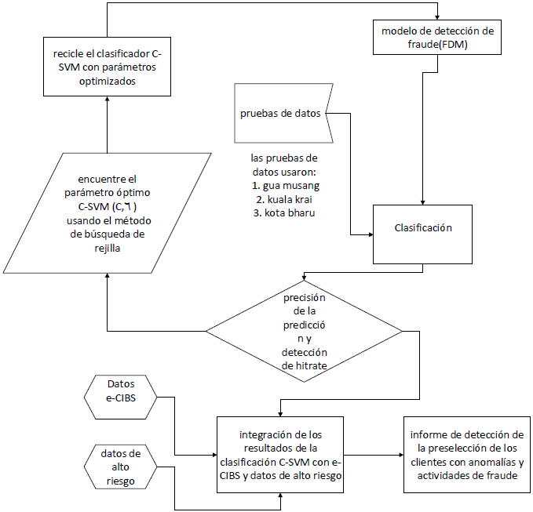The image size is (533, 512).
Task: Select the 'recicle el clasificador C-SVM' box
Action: (x=108, y=67)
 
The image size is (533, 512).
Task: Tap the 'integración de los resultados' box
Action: (x=281, y=456)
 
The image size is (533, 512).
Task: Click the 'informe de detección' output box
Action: (x=466, y=455)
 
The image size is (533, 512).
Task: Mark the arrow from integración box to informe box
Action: (x=374, y=455)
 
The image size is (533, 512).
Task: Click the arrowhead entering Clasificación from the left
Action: (x=368, y=234)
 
